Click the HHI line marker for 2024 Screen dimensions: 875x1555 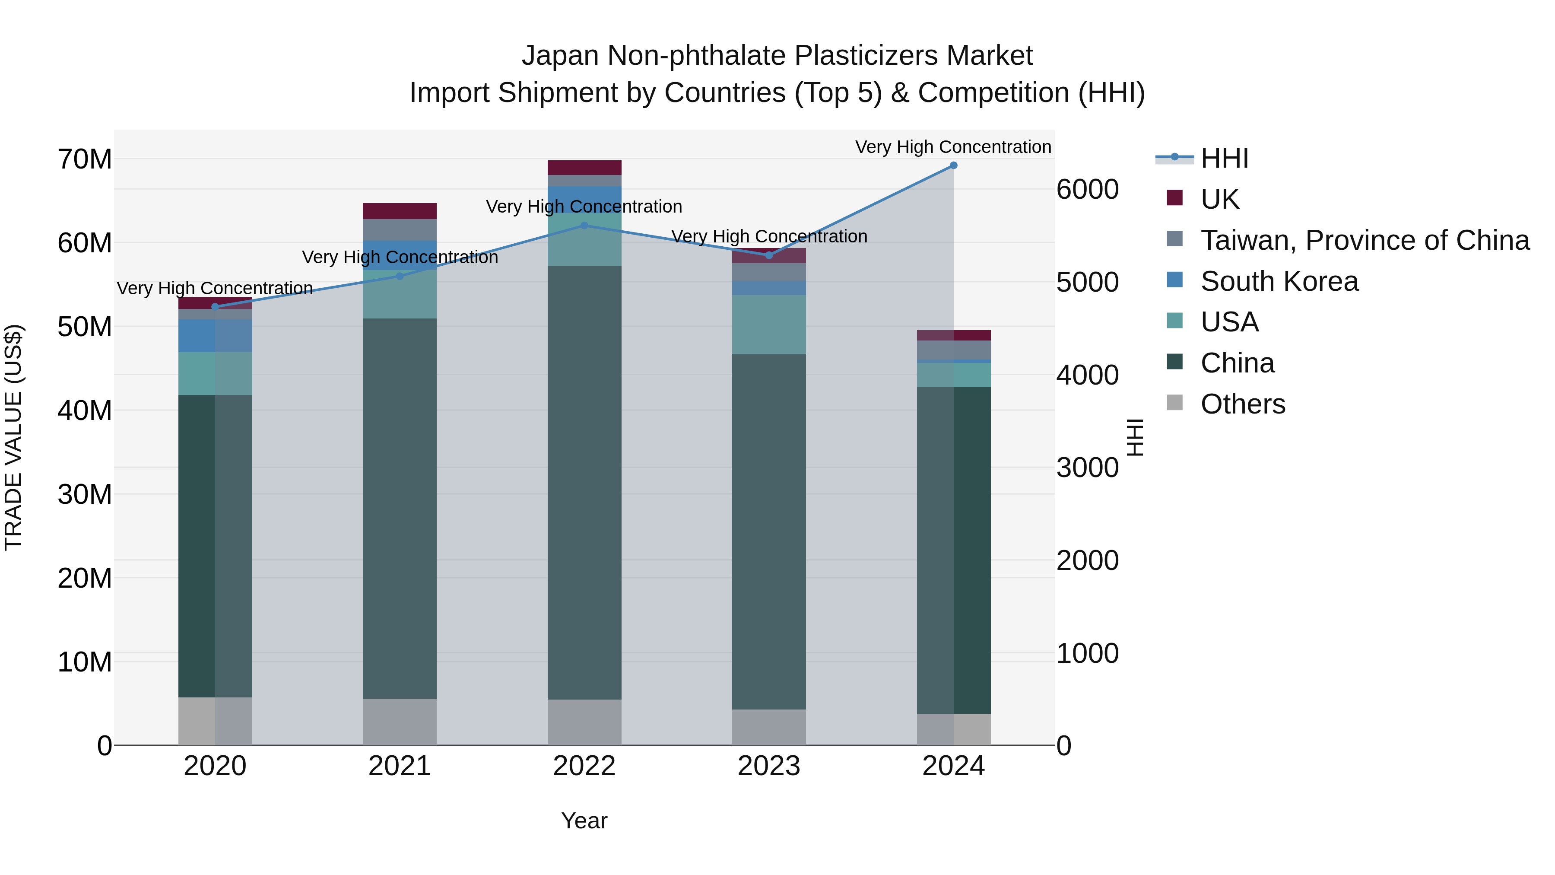pos(953,165)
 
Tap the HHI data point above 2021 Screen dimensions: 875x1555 pos(400,276)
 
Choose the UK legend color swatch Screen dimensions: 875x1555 pos(1175,198)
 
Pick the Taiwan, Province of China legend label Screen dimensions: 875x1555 pos(1365,240)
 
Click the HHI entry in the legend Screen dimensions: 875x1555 pos(1224,158)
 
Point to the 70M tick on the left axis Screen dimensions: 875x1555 pos(85,159)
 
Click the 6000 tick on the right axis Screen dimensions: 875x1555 pos(1087,190)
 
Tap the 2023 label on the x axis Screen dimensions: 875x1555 pos(768,766)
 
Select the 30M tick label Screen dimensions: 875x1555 pos(85,495)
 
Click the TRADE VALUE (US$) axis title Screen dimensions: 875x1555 pos(13,437)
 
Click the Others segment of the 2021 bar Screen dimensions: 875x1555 pos(400,722)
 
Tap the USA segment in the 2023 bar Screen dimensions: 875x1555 pos(768,324)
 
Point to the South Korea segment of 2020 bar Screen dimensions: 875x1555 pos(215,336)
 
